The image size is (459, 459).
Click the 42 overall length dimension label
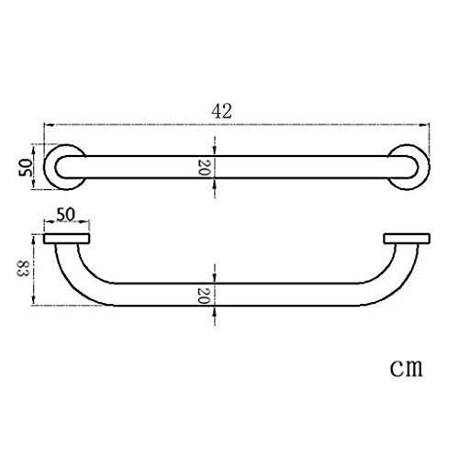[222, 111]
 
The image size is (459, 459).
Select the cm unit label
[406, 367]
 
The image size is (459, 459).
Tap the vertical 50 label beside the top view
[25, 167]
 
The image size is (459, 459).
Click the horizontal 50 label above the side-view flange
[65, 215]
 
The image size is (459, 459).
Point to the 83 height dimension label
[22, 268]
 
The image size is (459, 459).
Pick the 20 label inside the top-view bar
[204, 167]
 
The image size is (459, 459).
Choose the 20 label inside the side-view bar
[204, 296]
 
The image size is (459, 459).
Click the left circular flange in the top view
[49, 167]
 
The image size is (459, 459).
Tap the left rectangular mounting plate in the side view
[67, 239]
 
